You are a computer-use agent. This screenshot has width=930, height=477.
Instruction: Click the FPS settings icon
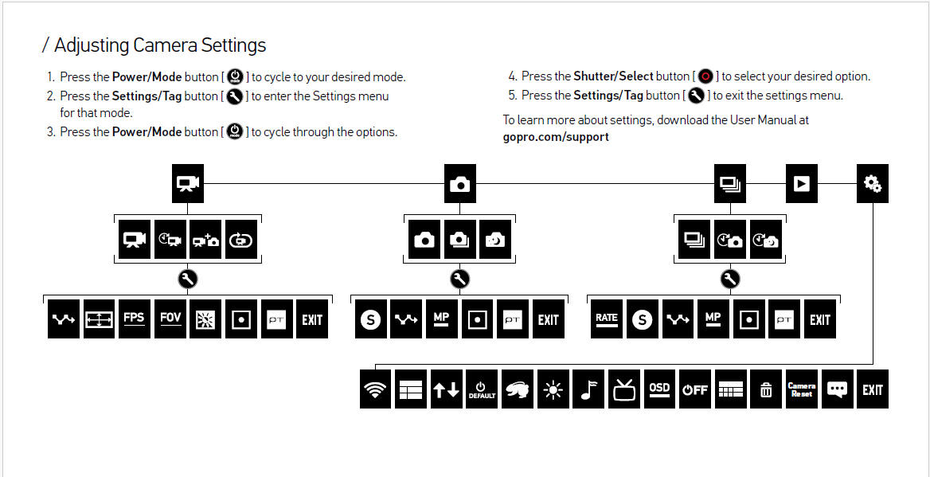(x=134, y=319)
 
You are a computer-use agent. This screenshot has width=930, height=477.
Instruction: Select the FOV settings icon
(x=170, y=319)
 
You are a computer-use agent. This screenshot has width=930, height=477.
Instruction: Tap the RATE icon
(x=607, y=319)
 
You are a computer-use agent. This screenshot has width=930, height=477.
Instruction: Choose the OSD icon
(x=659, y=389)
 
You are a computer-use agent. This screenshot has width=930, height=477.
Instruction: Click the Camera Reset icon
(x=801, y=389)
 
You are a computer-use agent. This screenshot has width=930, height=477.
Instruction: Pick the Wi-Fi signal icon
(x=376, y=389)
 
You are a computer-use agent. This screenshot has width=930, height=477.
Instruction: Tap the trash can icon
(x=766, y=389)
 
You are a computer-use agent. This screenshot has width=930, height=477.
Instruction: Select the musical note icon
(x=588, y=389)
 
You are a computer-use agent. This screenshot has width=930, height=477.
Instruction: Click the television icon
(x=624, y=389)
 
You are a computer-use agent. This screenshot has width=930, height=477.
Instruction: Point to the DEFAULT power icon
(x=482, y=389)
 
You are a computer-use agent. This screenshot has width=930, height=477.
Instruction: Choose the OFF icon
(x=695, y=389)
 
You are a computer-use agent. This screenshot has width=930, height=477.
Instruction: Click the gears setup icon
(x=873, y=184)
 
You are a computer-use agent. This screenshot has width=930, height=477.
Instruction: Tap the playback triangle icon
(x=801, y=184)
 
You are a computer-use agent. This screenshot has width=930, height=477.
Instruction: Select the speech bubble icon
(x=837, y=389)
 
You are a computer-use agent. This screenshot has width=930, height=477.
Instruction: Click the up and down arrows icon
(x=446, y=389)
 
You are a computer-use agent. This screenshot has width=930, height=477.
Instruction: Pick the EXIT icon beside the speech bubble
(x=873, y=389)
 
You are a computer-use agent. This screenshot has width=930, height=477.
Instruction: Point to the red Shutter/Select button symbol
(x=705, y=76)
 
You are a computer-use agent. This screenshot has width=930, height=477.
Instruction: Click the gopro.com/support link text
(x=556, y=137)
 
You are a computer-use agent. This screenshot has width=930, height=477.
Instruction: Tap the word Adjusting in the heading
(x=92, y=45)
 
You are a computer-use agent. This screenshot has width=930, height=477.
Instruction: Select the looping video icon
(x=241, y=240)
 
